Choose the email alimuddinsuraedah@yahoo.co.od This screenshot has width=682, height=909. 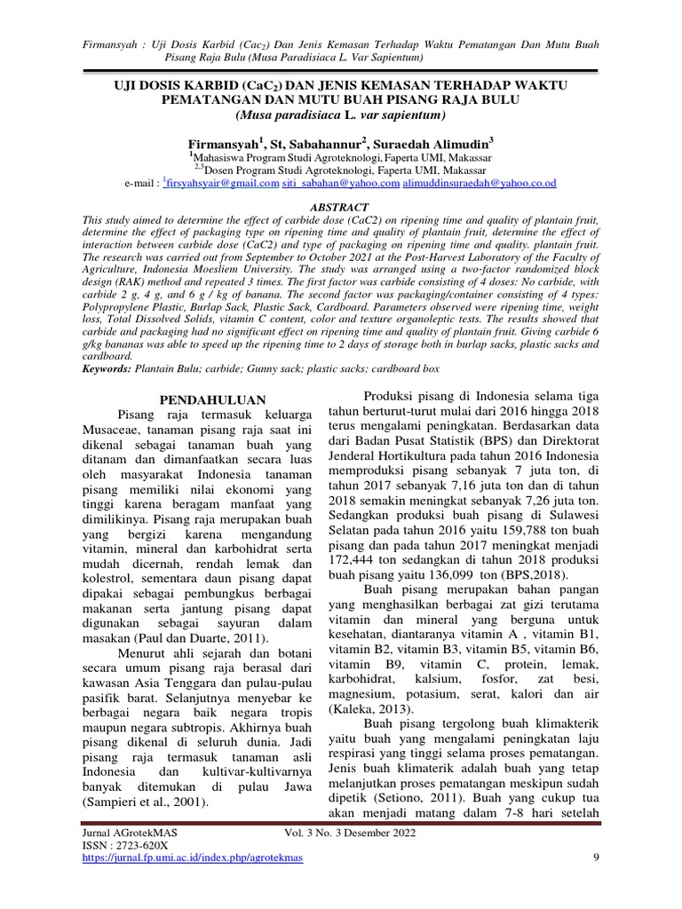480,183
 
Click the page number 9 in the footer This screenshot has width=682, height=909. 595,857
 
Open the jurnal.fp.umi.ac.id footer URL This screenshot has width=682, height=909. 192,858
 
